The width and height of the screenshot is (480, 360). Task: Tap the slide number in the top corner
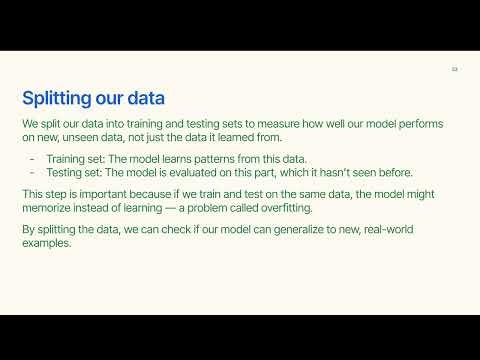[x=454, y=69]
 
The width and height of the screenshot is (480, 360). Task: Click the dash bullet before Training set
[x=35, y=159]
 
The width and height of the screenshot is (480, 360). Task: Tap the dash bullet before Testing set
[x=35, y=172]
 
